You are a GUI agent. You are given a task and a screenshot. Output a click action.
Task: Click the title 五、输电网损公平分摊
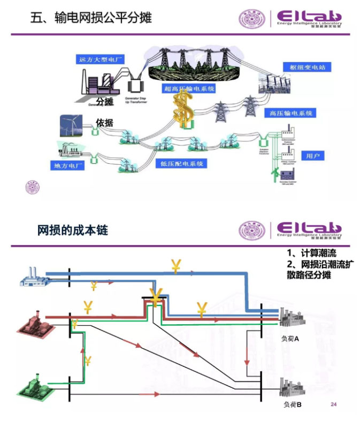[x=91, y=19]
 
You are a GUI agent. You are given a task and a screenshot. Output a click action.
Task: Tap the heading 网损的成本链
[x=73, y=231]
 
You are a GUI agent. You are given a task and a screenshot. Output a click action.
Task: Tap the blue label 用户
[x=313, y=156]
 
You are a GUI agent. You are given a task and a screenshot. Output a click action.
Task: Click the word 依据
[x=105, y=123]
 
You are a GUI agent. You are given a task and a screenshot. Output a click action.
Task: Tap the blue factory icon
[x=34, y=276]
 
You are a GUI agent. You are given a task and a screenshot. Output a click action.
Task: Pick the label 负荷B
[x=292, y=404]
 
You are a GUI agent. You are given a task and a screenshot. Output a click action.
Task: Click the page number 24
[x=335, y=404]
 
